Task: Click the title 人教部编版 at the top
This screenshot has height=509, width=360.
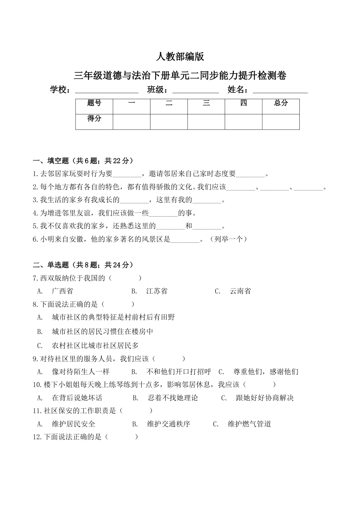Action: pos(180,57)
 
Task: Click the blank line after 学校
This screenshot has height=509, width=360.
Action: pos(107,91)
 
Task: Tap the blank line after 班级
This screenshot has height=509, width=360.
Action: pos(196,91)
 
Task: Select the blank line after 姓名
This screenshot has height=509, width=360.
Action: pos(280,91)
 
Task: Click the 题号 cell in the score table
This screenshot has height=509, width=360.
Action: pos(94,103)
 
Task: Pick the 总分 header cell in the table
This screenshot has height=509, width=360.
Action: pos(281,103)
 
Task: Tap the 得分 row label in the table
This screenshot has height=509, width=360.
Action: pos(94,119)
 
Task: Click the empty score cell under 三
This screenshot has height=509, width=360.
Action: pos(206,122)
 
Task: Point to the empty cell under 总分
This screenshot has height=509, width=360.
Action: pos(281,122)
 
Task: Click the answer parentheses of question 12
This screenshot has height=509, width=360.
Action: pos(121,437)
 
